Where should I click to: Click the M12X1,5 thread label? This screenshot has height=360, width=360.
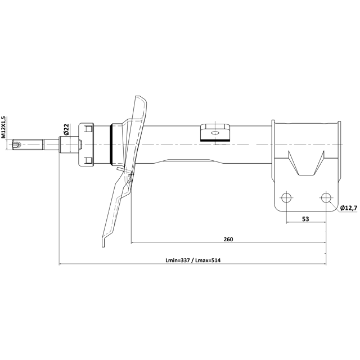tap(3, 127)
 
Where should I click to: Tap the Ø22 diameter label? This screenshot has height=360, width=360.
tap(66, 129)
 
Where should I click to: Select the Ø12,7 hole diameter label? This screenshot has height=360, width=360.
tap(349, 208)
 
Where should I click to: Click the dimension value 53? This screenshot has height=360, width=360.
tap(305, 219)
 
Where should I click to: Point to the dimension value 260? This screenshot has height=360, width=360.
tap(228, 239)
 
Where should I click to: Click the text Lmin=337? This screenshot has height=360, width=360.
tap(178, 260)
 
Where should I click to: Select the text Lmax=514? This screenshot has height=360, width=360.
tap(208, 260)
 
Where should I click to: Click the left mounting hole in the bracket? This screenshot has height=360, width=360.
tap(286, 197)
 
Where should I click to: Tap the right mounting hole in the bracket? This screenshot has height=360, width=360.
tap(326, 197)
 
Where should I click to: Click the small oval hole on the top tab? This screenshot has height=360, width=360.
tap(215, 133)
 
